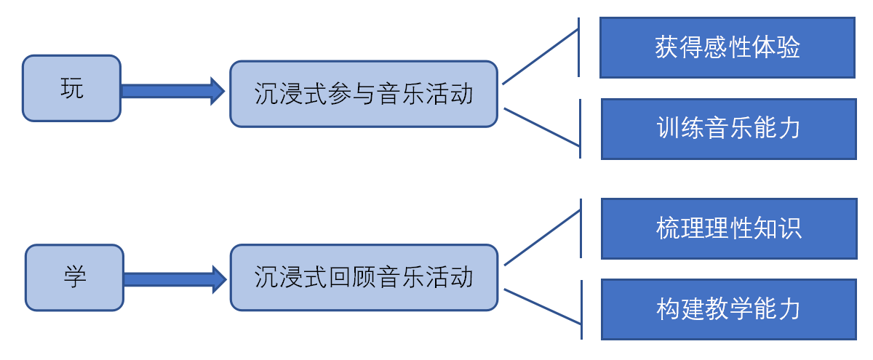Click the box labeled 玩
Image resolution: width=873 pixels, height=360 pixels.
[x=71, y=88]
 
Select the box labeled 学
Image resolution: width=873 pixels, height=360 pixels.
[x=74, y=277]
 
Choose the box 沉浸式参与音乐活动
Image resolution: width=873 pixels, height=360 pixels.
[x=364, y=94]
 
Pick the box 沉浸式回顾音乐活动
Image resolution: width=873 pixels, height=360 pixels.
[x=364, y=277]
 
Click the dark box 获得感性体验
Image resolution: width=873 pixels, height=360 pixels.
[x=727, y=48]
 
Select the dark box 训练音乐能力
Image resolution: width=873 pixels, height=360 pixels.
[x=728, y=129]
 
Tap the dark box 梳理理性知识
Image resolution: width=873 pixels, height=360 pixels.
[x=729, y=228]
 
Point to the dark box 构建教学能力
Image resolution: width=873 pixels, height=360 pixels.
[x=728, y=309]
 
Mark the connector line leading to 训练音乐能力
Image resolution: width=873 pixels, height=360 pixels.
[x=541, y=127]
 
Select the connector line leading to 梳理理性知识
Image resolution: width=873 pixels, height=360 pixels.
[x=542, y=238]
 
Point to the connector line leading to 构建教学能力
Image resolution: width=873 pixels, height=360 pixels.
[x=542, y=306]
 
